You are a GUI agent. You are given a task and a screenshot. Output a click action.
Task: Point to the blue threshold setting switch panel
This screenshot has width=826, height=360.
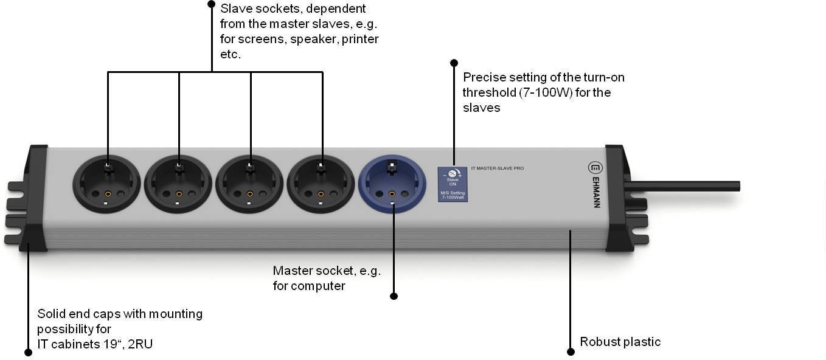[x=453, y=184]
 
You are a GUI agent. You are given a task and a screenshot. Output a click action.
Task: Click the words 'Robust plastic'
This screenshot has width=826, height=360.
[x=620, y=342]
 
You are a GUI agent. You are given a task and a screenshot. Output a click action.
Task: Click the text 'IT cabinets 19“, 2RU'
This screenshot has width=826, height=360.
[x=95, y=344]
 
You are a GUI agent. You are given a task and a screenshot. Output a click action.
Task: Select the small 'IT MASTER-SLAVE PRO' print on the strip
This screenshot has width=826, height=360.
[x=498, y=168]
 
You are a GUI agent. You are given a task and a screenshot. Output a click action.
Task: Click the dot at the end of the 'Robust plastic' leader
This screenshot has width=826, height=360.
[x=571, y=351]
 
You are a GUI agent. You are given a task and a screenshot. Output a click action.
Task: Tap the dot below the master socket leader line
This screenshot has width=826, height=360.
[x=394, y=296]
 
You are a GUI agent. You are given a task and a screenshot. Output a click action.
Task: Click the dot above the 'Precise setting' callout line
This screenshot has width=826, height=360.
[x=454, y=63]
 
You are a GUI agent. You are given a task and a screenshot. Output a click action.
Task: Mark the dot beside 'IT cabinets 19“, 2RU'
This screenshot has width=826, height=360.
[x=27, y=352]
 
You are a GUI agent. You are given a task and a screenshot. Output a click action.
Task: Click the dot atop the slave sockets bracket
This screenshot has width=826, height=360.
[x=211, y=4]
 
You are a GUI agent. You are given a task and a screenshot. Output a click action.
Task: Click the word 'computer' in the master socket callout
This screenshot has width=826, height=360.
[x=318, y=286]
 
